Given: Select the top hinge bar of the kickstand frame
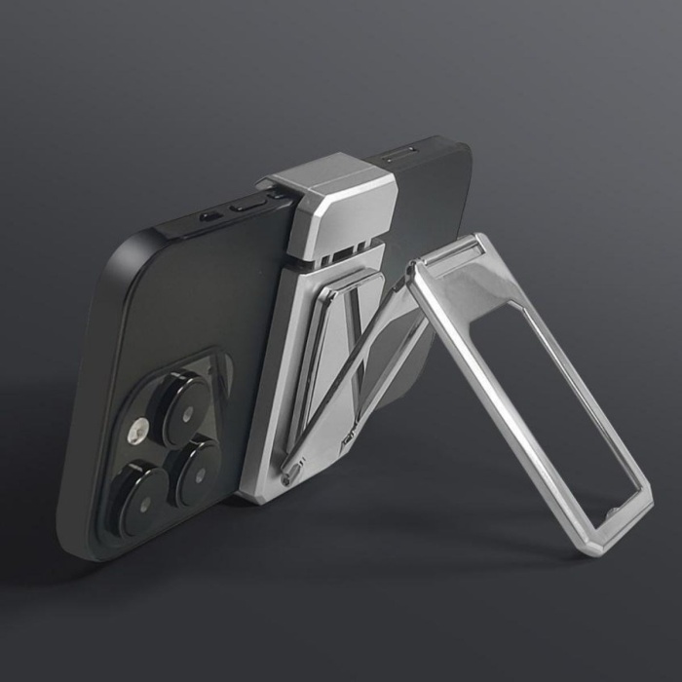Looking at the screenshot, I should [454, 255].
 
